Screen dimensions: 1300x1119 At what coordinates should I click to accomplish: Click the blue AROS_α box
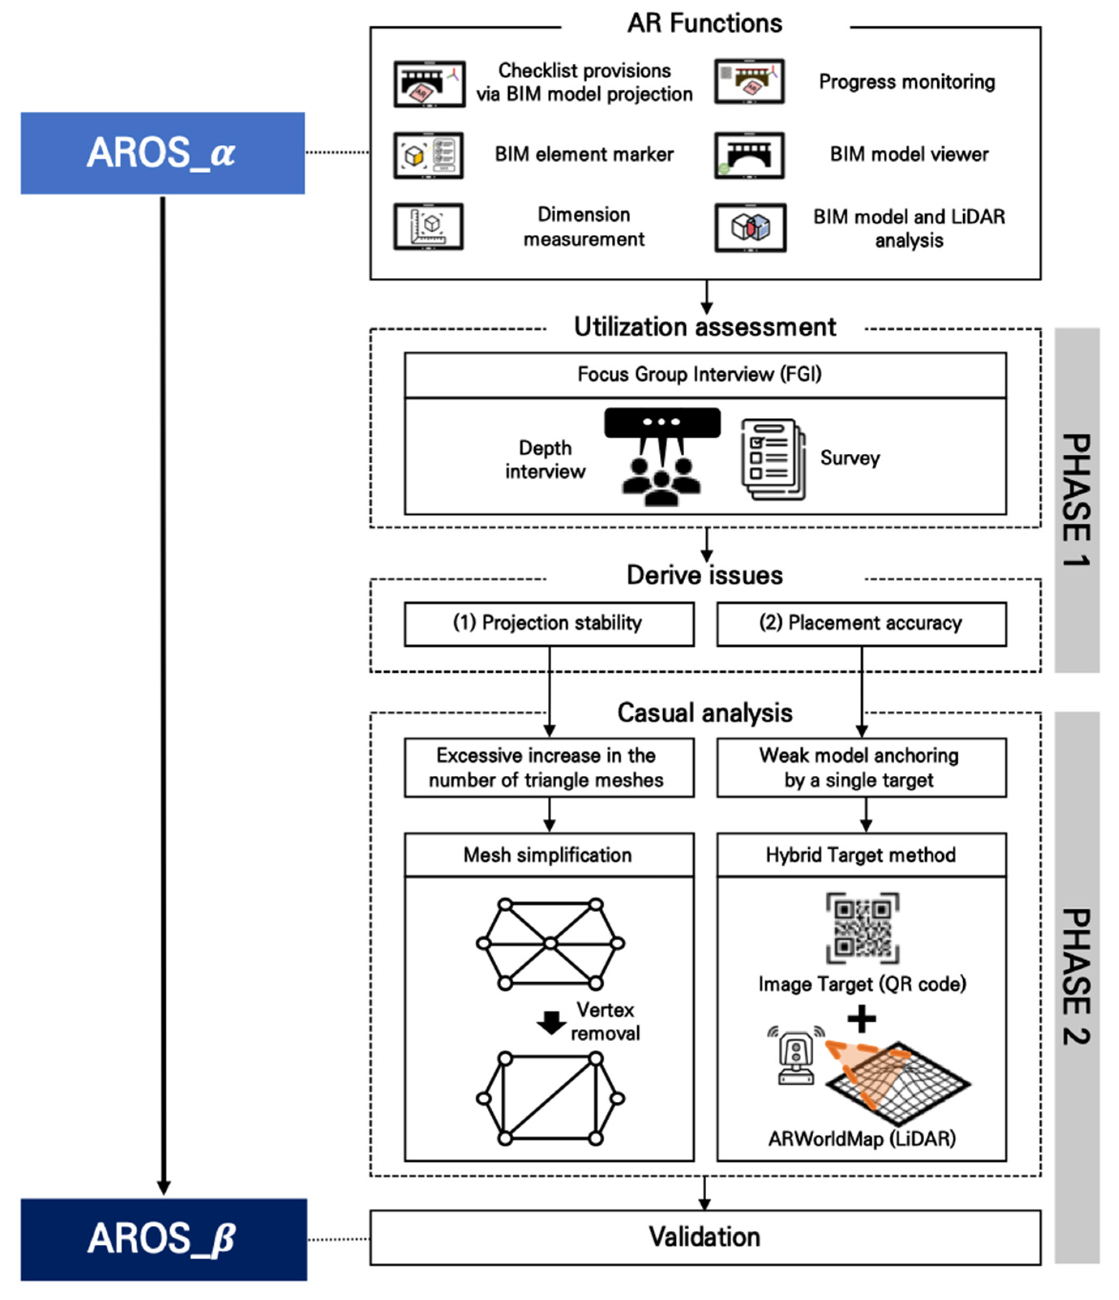tap(163, 153)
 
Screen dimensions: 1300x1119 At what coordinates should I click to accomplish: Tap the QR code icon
tap(862, 928)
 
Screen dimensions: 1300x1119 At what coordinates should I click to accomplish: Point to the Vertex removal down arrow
tap(551, 1023)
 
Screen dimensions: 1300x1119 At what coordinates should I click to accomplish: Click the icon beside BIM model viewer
tap(749, 155)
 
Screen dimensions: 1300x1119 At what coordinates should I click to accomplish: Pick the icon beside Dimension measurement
tap(429, 227)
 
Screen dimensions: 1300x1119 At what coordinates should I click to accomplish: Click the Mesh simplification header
tap(549, 855)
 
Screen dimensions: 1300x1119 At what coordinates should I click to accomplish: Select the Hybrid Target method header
tap(861, 855)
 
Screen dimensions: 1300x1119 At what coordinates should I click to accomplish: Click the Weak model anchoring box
tap(861, 767)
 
